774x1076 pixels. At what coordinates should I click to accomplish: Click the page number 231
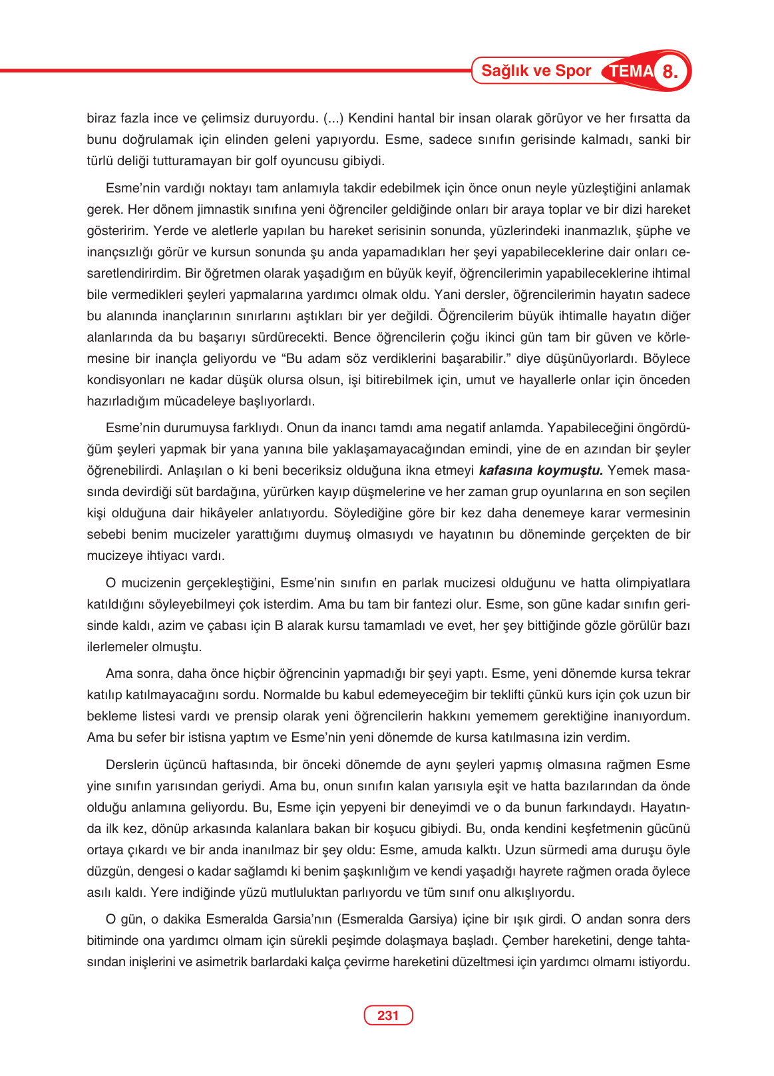(387, 1015)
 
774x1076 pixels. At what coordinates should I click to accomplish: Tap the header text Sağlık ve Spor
(536, 71)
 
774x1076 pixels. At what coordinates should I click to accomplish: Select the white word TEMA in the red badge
(631, 71)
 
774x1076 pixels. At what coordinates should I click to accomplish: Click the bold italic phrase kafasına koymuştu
(540, 470)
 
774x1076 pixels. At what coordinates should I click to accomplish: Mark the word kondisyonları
(126, 380)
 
